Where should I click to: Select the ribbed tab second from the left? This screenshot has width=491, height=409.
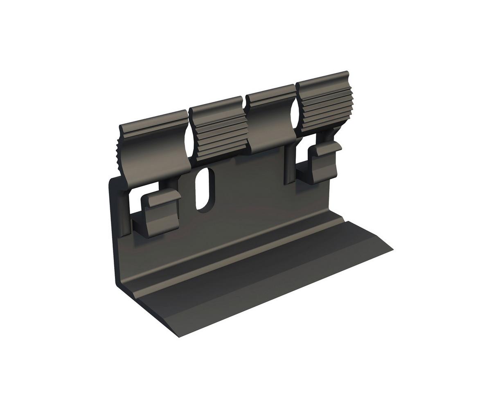click(220, 130)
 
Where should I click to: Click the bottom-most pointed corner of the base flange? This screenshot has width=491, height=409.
click(179, 337)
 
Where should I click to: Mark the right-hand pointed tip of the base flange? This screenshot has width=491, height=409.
click(392, 249)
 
